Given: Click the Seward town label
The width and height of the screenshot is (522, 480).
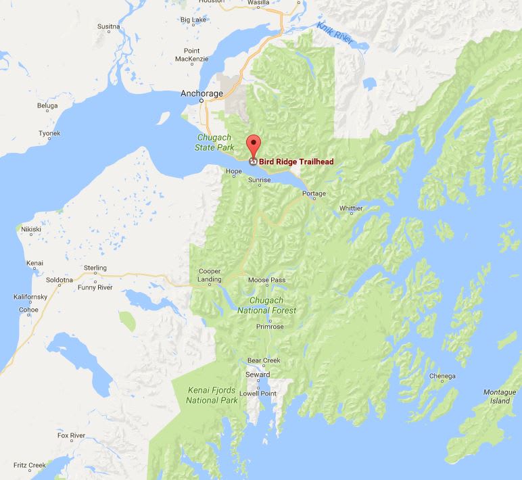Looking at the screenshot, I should coord(258,375).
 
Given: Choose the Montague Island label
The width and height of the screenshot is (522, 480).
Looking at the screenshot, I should coord(499,397).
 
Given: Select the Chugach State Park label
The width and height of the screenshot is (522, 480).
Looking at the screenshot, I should coord(213,141).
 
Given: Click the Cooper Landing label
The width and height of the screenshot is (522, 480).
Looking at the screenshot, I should coord(209,276).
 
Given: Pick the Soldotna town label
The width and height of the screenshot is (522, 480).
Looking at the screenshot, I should coord(59,279).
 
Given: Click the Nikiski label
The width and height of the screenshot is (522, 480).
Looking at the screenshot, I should coord(32,229).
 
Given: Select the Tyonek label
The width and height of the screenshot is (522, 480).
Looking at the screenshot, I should coord(49,133).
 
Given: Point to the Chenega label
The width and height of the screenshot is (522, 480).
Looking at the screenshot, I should coord(442,377).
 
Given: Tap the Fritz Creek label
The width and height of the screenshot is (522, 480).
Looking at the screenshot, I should coord(32,465).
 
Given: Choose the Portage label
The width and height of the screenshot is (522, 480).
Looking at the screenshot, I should coord(314,194).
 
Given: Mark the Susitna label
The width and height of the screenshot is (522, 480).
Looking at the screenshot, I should coord(108,26).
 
